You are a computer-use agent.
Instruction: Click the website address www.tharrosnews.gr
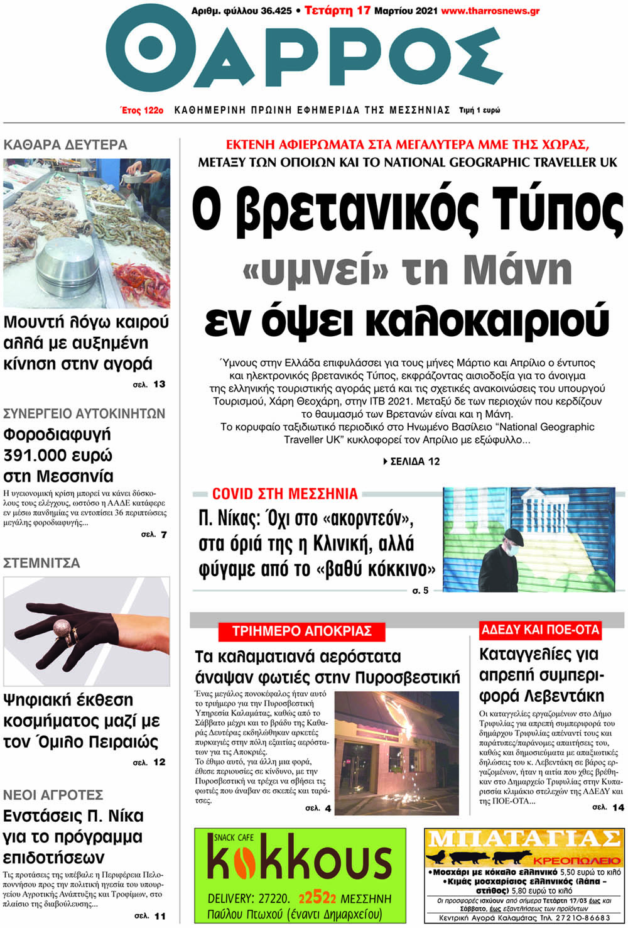(490, 11)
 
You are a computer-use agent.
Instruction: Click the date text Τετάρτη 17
(337, 11)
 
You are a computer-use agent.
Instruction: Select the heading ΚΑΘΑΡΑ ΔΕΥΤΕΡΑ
(65, 145)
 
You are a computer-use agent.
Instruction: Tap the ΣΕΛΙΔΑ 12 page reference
(411, 461)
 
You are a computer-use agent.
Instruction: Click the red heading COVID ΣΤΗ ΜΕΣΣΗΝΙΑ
(284, 494)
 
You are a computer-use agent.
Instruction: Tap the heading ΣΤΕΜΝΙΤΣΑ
(41, 563)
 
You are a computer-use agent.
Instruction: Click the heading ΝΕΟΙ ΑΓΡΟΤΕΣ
(53, 795)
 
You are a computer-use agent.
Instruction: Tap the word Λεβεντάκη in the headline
(541, 696)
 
